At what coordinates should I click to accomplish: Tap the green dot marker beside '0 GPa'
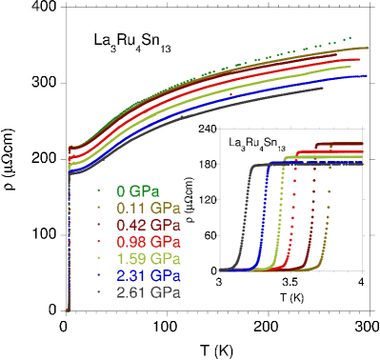point(98,190)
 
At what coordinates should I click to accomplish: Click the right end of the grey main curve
point(324,90)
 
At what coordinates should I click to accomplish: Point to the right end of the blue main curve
point(367,75)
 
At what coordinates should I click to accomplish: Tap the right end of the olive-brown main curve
point(368,48)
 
